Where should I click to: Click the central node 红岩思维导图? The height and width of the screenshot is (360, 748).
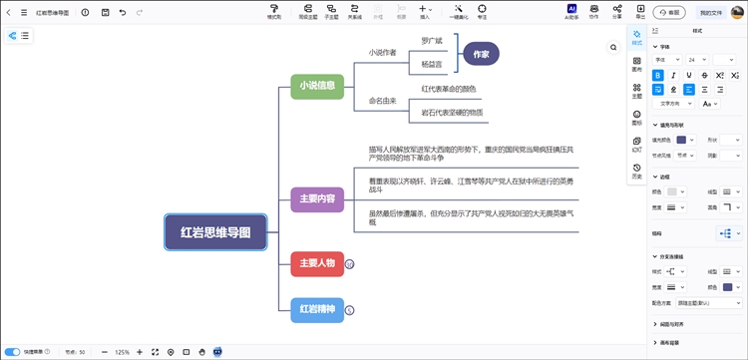215,231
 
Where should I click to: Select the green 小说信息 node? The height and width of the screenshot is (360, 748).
317,86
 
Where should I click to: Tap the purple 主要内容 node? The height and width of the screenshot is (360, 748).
317,198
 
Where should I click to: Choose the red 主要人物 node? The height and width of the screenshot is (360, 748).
316,264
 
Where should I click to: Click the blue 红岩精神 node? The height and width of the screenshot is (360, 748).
316,310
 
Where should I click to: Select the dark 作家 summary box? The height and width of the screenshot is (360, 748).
481,55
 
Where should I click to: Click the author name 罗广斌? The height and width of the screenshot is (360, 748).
431,41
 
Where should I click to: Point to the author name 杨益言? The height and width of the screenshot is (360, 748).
431,63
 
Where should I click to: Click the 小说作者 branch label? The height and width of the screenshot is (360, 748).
382,52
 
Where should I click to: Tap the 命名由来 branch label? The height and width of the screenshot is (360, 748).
382,101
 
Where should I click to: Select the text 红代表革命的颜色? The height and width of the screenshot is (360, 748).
449,90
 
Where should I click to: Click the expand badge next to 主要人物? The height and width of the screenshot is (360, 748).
350,264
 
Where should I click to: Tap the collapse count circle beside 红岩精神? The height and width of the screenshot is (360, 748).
350,310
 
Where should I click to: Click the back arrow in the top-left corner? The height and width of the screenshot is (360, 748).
10,12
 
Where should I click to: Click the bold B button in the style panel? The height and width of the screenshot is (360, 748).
657,75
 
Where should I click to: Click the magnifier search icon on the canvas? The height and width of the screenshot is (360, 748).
613,47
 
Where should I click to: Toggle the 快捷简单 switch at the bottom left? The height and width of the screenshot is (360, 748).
12,352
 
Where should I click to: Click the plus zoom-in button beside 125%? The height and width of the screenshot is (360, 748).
140,352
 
